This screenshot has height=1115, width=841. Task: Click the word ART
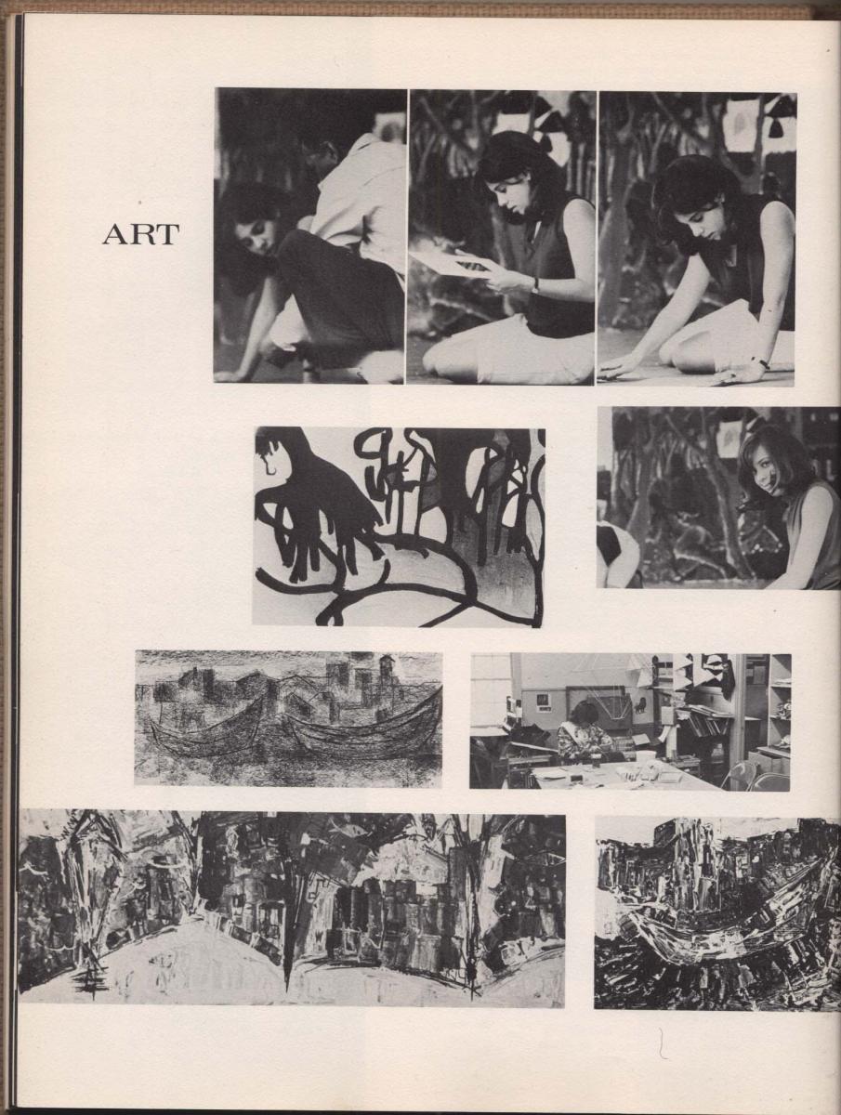tap(140, 235)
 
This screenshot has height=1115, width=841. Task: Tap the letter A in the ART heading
tap(114, 235)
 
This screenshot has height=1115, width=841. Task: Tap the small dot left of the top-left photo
tap(138, 203)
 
